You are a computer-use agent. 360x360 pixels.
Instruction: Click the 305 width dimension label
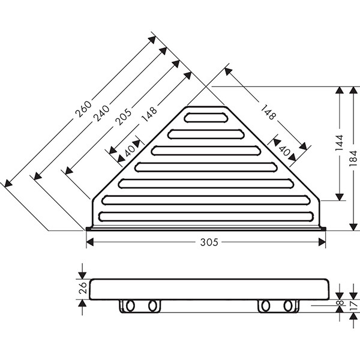[209, 242]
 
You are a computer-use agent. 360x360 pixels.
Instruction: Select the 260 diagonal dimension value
[83, 109]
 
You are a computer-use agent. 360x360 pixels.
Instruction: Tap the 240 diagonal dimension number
[102, 113]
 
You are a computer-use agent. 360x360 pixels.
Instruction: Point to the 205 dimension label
[123, 117]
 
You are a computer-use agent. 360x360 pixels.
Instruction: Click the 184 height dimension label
[353, 158]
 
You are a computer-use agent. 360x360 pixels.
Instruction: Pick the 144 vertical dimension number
[340, 143]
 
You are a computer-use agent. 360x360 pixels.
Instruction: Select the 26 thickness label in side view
[83, 288]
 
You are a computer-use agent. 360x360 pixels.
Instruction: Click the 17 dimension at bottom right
[354, 306]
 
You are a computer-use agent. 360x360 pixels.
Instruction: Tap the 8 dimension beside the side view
[341, 302]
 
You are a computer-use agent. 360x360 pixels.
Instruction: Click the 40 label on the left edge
[130, 151]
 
